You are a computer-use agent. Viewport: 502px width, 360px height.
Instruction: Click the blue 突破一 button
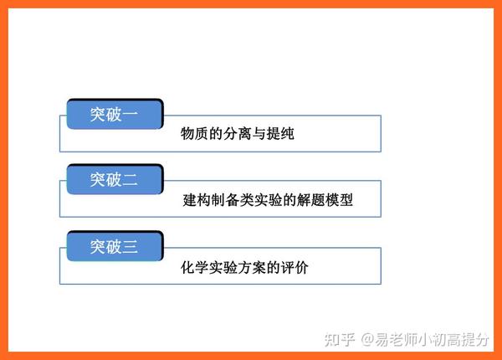click(x=115, y=114)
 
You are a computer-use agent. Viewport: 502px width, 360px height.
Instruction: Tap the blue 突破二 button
click(x=115, y=179)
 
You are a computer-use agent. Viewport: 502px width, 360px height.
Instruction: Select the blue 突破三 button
click(x=115, y=246)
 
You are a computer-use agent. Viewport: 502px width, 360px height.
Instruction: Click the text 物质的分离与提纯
click(x=238, y=134)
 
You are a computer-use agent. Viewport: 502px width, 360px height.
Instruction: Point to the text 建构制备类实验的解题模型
click(x=268, y=200)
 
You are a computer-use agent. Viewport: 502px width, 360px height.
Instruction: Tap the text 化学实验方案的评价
click(x=244, y=267)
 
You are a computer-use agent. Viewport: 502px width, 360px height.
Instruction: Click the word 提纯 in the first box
click(x=280, y=134)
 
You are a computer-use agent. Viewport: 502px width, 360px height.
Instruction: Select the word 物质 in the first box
click(x=195, y=134)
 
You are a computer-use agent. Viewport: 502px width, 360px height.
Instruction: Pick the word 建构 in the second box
click(x=197, y=200)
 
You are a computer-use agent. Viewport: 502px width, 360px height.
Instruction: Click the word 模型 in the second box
click(x=339, y=200)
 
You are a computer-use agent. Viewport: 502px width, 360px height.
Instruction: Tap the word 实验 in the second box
click(x=268, y=200)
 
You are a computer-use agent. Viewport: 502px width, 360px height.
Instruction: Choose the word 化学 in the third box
click(x=195, y=267)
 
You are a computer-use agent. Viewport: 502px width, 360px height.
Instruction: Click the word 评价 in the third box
click(x=295, y=267)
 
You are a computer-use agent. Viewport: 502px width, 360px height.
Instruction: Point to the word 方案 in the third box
click(x=251, y=267)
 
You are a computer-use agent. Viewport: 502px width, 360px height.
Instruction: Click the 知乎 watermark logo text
click(x=340, y=340)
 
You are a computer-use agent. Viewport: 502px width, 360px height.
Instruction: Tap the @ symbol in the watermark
click(x=367, y=340)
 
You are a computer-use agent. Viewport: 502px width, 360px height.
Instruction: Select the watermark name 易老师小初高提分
click(x=433, y=340)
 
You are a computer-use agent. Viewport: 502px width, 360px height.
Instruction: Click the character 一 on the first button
click(x=130, y=115)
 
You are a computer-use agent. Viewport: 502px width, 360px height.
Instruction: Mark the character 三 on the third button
click(x=130, y=247)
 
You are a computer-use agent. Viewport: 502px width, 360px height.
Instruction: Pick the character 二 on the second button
click(x=130, y=180)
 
